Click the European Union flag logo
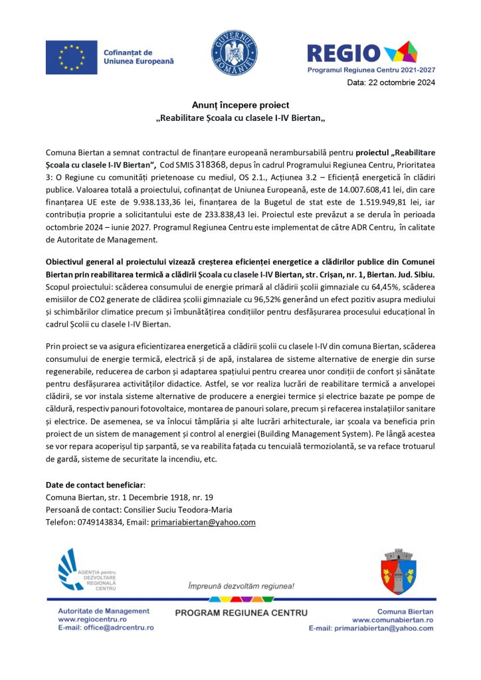(x=72, y=57)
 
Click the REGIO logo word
(x=344, y=52)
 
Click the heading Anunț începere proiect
(x=241, y=105)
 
